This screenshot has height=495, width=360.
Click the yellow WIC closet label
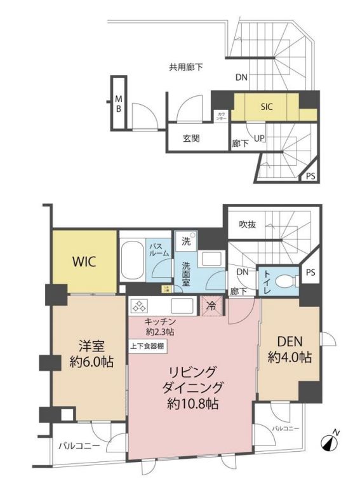pos(84,262)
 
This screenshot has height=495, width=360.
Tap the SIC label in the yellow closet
pos(266,107)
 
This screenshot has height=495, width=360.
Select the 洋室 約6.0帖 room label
pos(87,356)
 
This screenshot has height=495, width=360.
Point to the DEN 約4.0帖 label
pos(289,350)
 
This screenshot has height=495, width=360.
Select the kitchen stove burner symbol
pos(138,306)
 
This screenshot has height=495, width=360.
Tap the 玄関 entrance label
pos(191,138)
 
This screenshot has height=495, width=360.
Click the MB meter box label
pos(118,104)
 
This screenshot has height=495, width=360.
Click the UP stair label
pos(259,138)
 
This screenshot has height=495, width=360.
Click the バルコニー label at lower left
pos(78,445)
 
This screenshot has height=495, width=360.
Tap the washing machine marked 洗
pos(186,241)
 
